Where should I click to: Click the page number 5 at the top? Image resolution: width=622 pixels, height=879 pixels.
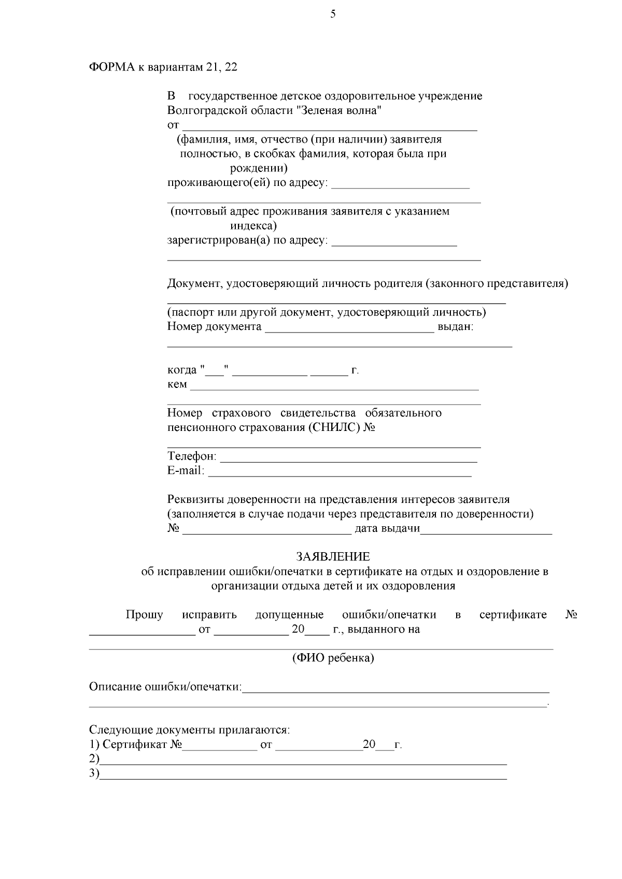tap(333, 15)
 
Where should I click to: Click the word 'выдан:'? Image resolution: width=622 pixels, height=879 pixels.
tap(456, 327)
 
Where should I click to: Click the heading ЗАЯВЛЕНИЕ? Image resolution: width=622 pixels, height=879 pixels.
tap(333, 557)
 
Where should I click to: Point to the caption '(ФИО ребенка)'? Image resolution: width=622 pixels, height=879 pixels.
tap(333, 658)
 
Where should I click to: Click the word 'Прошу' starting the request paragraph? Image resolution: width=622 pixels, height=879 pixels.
tap(144, 615)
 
